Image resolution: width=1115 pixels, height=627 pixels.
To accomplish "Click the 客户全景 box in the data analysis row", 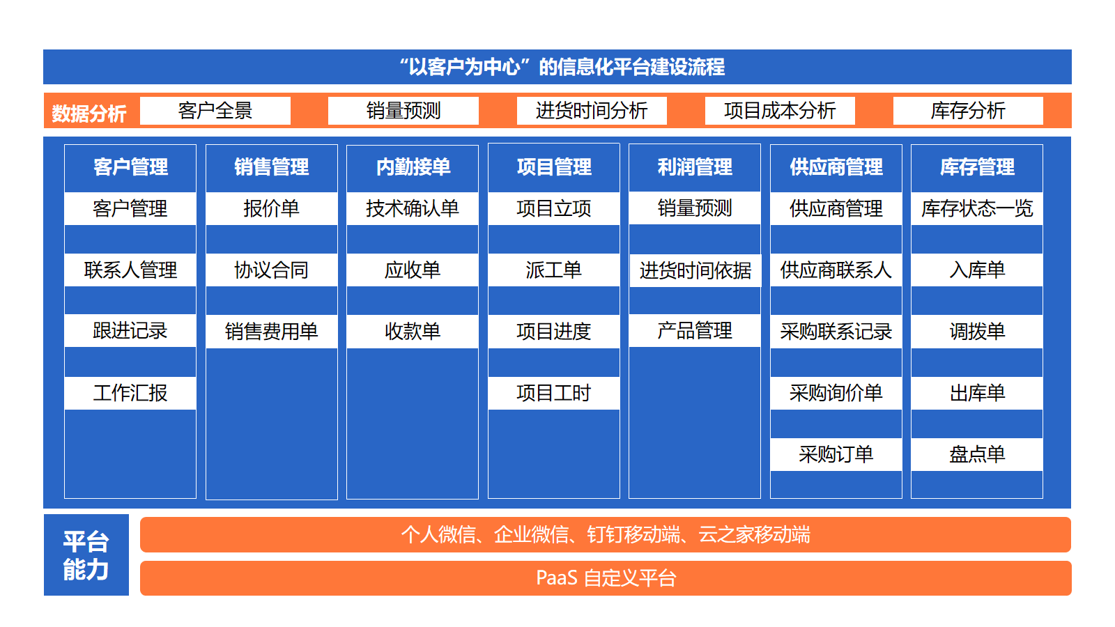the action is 215,111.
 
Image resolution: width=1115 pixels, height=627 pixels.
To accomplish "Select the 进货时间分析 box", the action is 592,111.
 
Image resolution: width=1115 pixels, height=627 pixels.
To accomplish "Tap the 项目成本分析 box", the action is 780,111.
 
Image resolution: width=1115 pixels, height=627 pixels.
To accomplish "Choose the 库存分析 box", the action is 968,111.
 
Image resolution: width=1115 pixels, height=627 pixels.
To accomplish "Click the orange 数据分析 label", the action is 89,114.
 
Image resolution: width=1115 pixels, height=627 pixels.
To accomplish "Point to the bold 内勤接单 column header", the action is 413,167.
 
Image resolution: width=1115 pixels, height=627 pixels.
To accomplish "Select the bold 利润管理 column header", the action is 695,167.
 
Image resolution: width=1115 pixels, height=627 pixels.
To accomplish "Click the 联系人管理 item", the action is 130,270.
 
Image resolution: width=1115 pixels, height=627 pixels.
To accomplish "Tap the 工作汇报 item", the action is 130,393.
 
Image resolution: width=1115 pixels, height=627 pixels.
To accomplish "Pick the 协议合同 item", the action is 271,270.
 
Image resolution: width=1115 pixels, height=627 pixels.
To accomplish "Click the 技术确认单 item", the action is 413,208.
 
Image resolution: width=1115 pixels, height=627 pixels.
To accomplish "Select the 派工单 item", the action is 553,270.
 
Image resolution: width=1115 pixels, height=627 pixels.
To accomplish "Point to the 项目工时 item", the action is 553,393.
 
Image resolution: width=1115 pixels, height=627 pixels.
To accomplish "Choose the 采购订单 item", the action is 836,454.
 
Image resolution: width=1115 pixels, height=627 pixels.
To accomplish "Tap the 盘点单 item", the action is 977,454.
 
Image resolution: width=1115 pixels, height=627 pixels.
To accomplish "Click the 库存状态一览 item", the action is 977,208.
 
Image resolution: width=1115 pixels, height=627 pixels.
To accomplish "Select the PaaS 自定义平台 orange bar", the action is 606,578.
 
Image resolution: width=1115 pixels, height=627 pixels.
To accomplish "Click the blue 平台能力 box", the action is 86,555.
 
